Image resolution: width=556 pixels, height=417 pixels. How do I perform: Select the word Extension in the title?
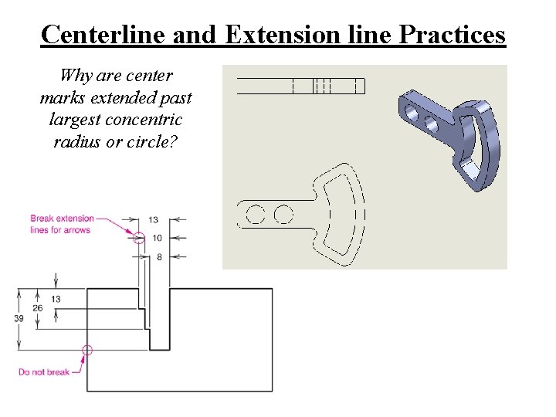[x=284, y=35]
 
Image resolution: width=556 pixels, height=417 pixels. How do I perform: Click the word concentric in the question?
[x=144, y=120]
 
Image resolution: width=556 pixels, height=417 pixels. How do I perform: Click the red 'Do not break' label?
[x=44, y=372]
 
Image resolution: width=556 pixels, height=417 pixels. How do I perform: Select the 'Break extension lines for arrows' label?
[x=62, y=224]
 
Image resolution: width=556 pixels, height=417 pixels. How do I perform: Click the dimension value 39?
[x=19, y=317]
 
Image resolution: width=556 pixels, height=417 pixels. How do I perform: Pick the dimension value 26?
[x=37, y=308]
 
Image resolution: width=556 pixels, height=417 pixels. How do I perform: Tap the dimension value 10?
[x=156, y=238]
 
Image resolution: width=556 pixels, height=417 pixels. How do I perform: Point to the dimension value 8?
[x=158, y=256]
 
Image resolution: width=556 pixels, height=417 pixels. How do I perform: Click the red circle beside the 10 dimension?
[x=139, y=238]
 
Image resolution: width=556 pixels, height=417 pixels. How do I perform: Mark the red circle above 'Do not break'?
[x=86, y=350]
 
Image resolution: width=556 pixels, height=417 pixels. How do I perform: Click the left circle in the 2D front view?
[x=255, y=213]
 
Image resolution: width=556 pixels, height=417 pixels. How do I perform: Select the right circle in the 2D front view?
[x=283, y=213]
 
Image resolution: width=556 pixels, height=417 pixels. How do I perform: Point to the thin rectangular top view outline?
[x=300, y=85]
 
